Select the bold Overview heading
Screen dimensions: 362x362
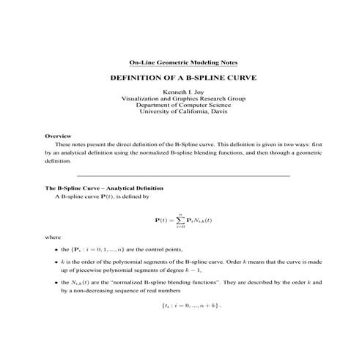tap(58, 136)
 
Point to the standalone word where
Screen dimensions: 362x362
tap(53, 237)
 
